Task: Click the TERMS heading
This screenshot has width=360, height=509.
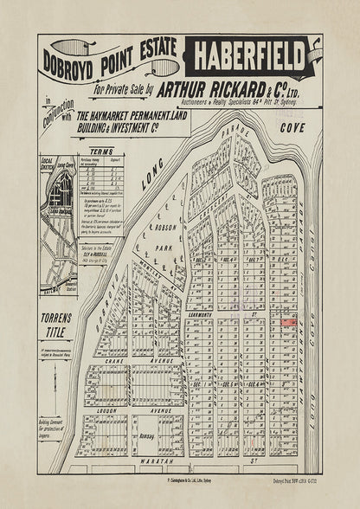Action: [100, 151]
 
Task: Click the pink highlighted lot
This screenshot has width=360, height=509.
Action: [287, 322]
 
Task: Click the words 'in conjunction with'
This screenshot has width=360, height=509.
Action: [55, 119]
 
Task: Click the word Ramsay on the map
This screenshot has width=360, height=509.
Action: [145, 437]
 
